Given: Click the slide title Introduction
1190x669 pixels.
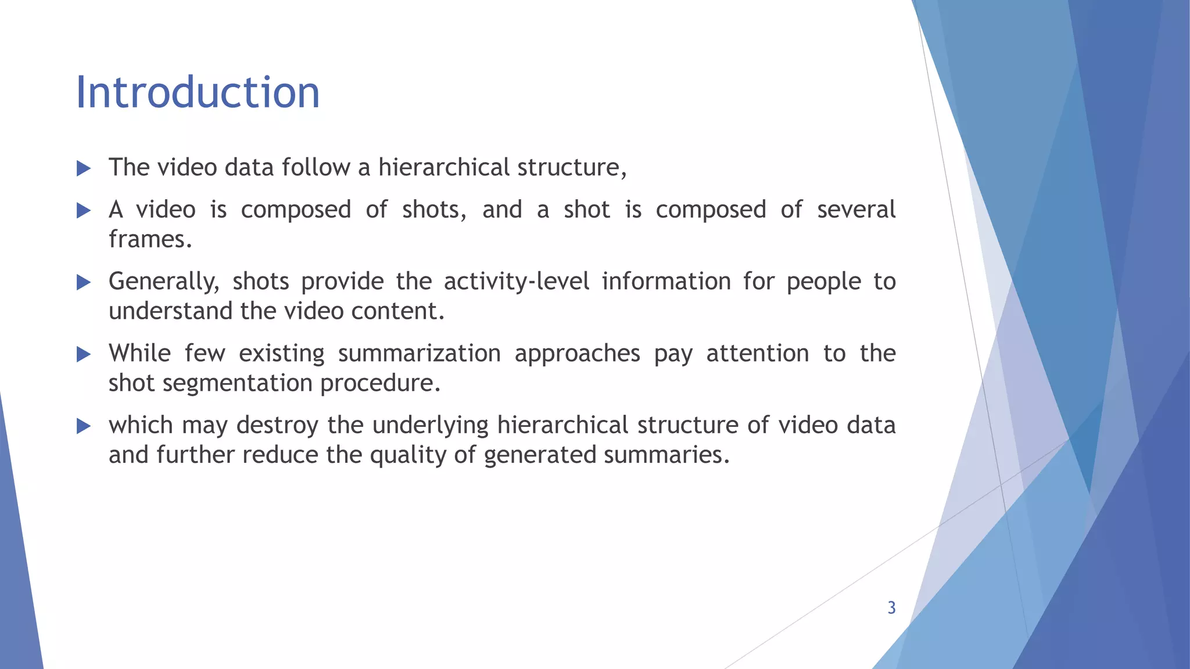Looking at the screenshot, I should (x=198, y=93).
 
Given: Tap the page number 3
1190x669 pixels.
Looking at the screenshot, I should (x=891, y=608).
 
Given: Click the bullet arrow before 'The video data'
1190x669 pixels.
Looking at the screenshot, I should (x=84, y=169).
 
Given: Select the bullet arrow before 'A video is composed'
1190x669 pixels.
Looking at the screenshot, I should (x=84, y=211).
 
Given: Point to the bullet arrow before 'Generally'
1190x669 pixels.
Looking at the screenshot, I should (x=84, y=283).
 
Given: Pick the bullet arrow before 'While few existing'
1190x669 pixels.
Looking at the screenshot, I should (x=84, y=354).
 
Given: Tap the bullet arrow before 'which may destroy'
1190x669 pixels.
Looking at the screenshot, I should (x=84, y=427).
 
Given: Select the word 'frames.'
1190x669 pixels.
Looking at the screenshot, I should (x=150, y=239).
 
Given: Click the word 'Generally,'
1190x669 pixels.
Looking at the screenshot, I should (x=164, y=282).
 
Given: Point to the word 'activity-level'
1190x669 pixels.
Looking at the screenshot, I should (x=517, y=281).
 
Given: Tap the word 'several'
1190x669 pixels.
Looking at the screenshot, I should (x=856, y=210).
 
